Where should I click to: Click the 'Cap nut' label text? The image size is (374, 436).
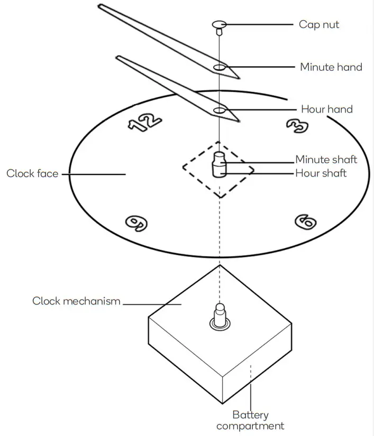[318, 24]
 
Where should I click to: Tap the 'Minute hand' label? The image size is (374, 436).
[331, 67]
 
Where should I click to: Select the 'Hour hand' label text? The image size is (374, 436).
[326, 109]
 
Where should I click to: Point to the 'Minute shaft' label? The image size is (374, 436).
[326, 160]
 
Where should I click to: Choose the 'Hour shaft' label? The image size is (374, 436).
[321, 173]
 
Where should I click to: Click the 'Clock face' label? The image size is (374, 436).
[32, 173]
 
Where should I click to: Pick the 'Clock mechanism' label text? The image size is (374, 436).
[76, 301]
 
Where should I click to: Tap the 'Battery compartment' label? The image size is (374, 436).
[250, 420]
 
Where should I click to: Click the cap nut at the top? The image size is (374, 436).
[219, 24]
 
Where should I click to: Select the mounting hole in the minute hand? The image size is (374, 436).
[220, 67]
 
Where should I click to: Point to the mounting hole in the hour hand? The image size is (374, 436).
[220, 110]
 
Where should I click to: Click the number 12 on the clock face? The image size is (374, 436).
[145, 122]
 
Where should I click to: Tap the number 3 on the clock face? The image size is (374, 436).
[297, 126]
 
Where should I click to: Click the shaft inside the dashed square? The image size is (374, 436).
[219, 164]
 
